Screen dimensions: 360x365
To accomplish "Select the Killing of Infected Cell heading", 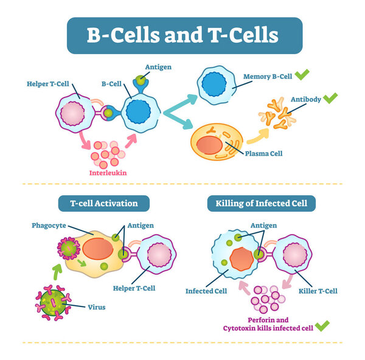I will coord(262,203).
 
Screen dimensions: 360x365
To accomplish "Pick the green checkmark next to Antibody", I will coord(330,98).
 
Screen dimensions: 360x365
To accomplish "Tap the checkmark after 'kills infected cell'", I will coord(322,327).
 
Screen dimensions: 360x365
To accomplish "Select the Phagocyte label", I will coord(48,225).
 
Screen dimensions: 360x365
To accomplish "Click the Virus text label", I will coord(96,307).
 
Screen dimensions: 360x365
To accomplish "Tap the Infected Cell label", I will coord(206,291).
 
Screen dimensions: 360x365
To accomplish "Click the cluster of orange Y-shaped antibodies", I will coord(282,114).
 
